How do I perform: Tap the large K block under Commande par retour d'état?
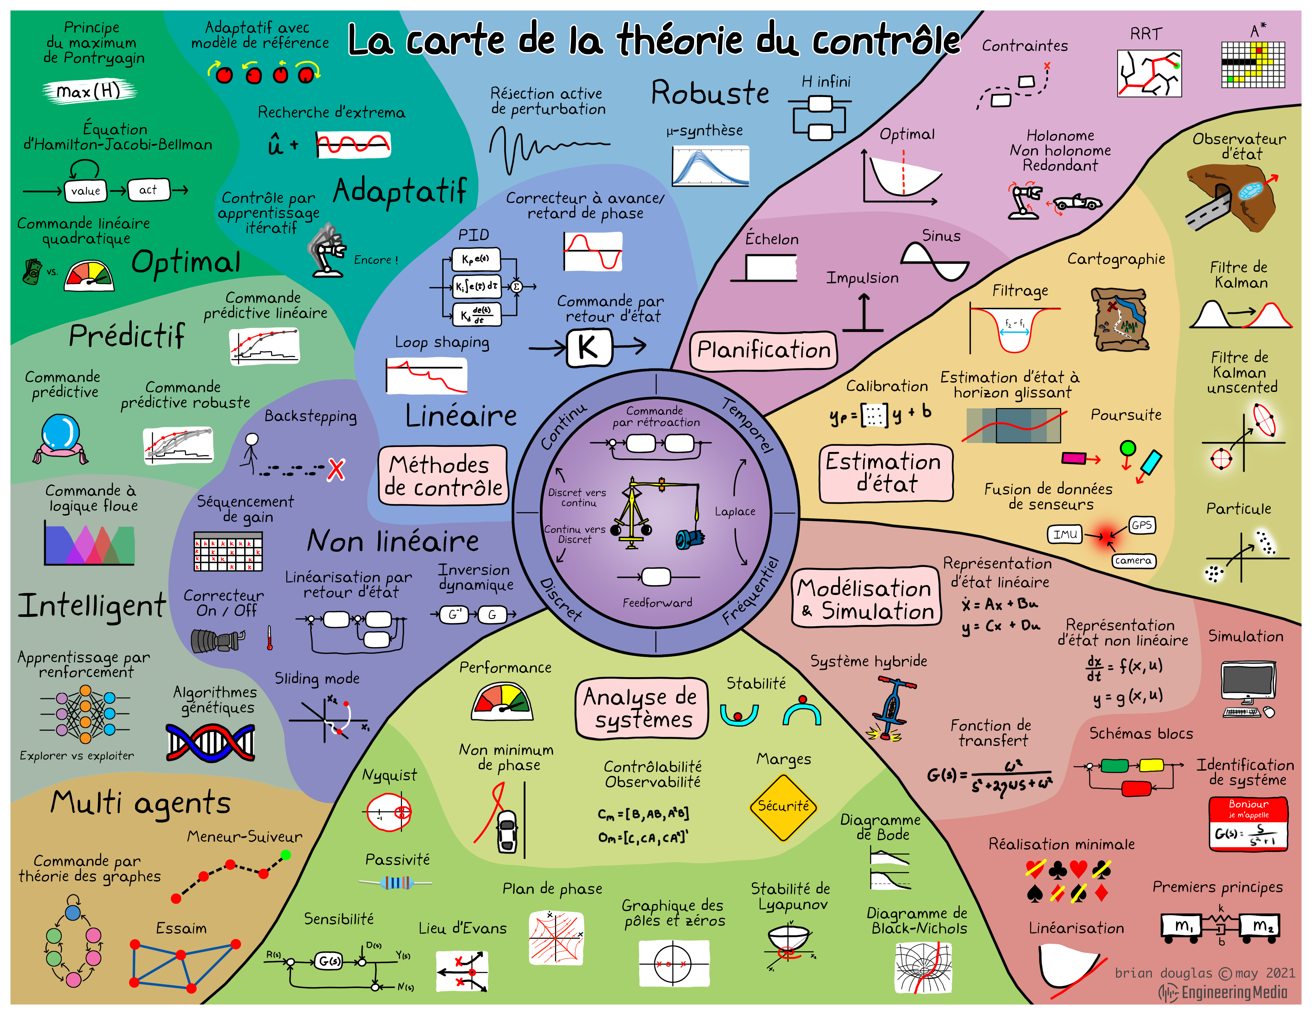coord(589,347)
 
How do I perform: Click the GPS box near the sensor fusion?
coord(1141,525)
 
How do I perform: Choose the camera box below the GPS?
coord(1133,560)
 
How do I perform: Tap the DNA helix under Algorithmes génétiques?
coord(210,742)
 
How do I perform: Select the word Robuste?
coord(710,93)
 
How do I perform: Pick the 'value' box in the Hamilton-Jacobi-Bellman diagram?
coord(85,191)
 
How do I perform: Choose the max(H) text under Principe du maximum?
coord(89,91)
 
